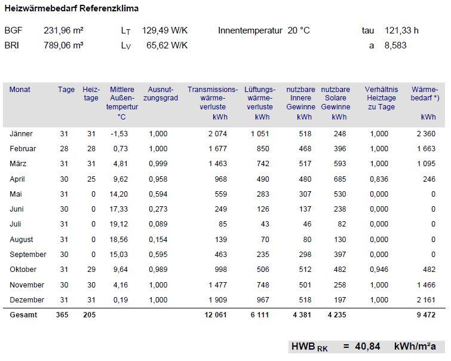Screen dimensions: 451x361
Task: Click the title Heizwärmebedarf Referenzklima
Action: tap(71, 8)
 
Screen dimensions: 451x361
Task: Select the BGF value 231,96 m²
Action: tap(63, 30)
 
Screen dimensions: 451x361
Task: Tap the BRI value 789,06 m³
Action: tap(63, 45)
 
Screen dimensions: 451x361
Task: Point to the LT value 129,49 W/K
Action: tap(164, 30)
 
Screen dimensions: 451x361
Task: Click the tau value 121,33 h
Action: tap(401, 30)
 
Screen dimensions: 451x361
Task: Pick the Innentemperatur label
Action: tap(250, 30)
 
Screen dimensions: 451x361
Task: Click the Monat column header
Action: tap(20, 90)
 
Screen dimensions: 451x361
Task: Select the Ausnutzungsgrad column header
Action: tap(161, 94)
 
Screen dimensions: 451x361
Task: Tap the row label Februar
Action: tap(23, 149)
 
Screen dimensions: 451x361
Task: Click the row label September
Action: tap(28, 255)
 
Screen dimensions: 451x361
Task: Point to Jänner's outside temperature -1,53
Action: tap(119, 134)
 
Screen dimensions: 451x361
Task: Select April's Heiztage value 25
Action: tap(91, 179)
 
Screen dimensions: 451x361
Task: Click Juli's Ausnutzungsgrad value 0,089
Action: tap(158, 224)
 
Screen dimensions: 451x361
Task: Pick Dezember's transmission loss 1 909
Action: tap(217, 300)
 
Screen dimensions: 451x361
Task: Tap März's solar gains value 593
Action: tap(340, 164)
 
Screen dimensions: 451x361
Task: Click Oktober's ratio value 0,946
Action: tap(379, 270)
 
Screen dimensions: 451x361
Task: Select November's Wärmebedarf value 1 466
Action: tap(427, 285)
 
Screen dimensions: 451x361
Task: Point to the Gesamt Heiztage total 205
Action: tap(89, 315)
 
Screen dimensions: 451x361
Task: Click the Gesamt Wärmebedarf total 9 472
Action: tap(427, 315)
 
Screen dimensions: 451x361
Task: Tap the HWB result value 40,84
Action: tap(367, 346)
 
